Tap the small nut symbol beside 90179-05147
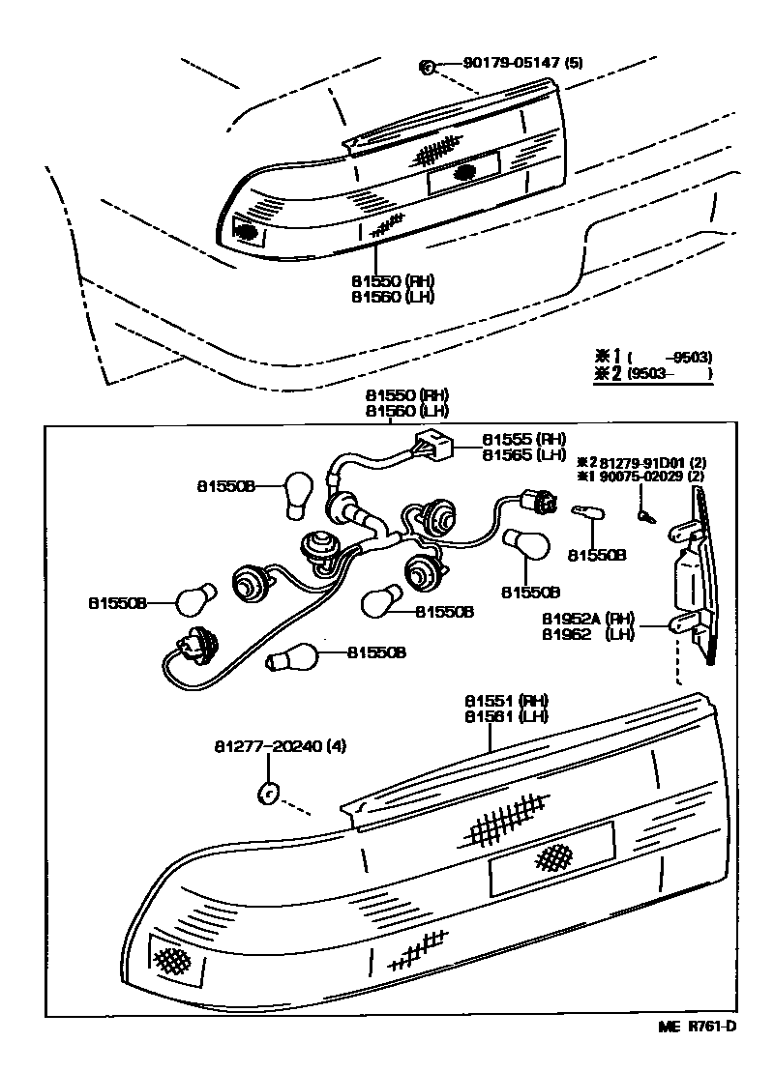pos(425,66)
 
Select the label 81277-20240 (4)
pos(280,746)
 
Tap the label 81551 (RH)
pos(506,700)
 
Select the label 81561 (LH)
pos(506,716)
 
